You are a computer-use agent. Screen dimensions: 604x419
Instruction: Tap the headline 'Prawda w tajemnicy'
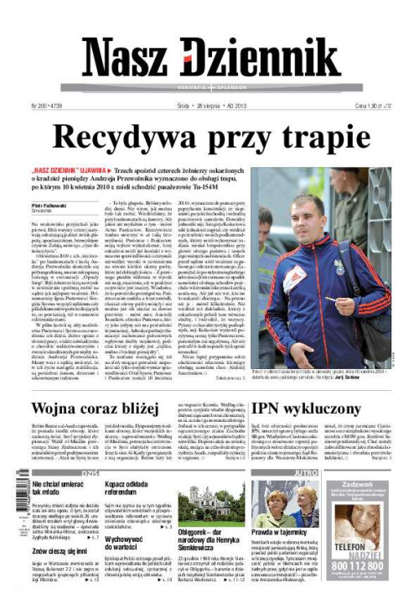click(x=277, y=533)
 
